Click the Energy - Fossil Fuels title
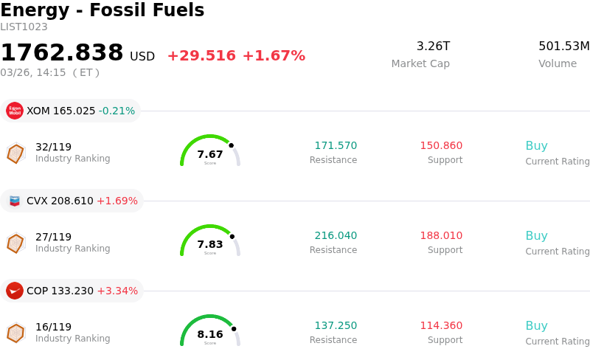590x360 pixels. [x=102, y=11]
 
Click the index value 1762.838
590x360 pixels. [x=62, y=53]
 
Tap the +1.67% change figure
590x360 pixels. [x=274, y=56]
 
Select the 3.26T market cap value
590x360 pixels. [x=433, y=46]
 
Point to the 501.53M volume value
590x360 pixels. [x=563, y=46]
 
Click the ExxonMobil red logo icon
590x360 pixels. [x=15, y=111]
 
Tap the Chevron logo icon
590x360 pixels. [x=15, y=201]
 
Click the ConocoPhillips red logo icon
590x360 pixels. [x=15, y=291]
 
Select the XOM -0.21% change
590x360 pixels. [x=117, y=111]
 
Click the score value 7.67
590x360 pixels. [x=210, y=154]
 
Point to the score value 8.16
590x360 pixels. [x=210, y=334]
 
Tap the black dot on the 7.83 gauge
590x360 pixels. [x=232, y=237]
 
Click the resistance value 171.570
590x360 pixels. [x=336, y=146]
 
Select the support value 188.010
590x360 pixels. [x=441, y=236]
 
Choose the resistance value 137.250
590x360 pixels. [x=336, y=326]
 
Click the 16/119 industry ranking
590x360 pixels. [x=53, y=327]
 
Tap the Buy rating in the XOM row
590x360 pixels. [x=536, y=146]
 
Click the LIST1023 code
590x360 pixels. [x=24, y=27]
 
